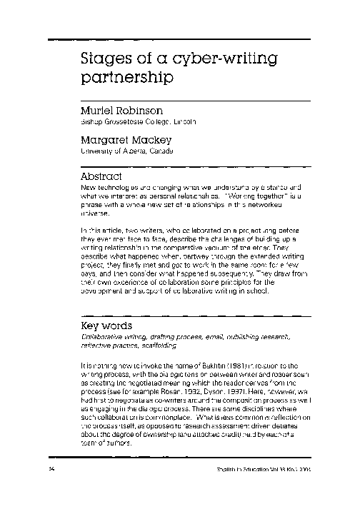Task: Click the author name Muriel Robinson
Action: point(124,111)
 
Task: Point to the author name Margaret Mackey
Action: point(127,141)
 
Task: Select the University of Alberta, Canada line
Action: point(126,151)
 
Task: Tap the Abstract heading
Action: point(103,176)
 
